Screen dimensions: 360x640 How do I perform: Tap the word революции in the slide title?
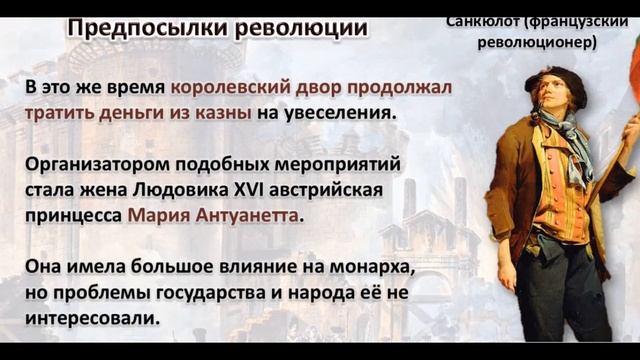pyautogui.click(x=301, y=27)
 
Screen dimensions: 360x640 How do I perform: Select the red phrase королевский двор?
pyautogui.click(x=260, y=88)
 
